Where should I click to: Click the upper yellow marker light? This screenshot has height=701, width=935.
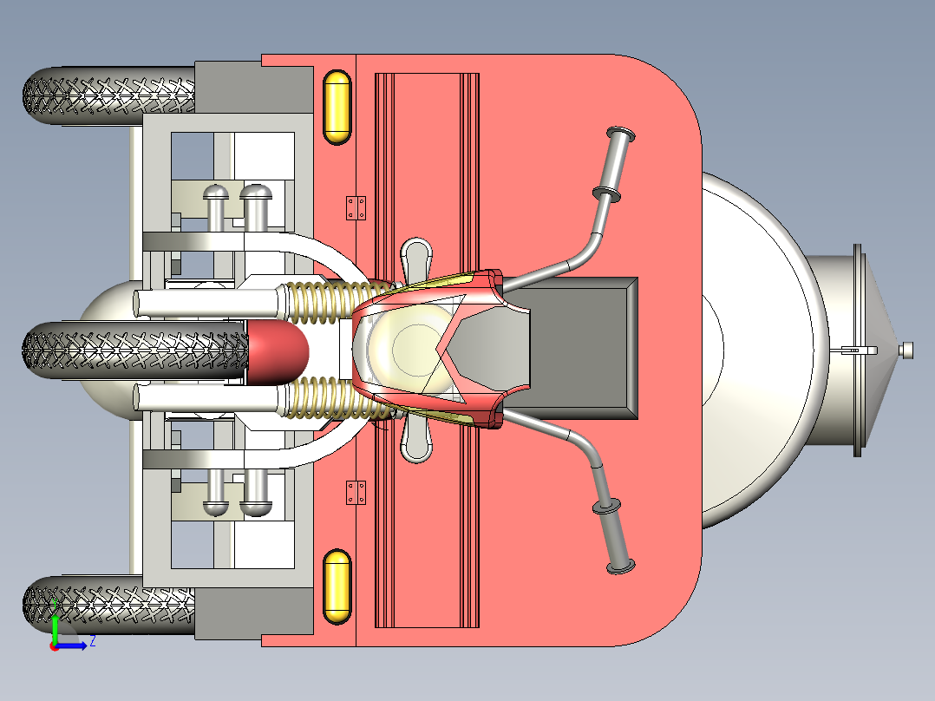(337, 108)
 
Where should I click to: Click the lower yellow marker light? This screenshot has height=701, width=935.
(337, 587)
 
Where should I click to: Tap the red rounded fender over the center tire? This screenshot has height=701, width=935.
(278, 351)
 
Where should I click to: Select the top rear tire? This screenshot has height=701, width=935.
(109, 95)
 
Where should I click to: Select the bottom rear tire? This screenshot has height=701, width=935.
(109, 605)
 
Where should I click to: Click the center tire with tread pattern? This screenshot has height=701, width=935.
(134, 350)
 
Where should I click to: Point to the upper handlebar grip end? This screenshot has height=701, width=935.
(621, 134)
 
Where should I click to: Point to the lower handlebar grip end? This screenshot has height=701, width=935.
(621, 567)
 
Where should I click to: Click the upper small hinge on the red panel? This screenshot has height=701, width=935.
(356, 208)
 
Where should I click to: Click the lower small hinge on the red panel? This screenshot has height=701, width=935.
(356, 493)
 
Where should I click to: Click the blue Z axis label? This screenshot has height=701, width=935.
(93, 642)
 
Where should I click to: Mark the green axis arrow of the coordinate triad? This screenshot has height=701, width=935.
(55, 623)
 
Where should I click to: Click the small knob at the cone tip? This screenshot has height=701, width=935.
(907, 350)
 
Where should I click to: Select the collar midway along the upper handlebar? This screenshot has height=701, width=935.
(605, 193)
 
